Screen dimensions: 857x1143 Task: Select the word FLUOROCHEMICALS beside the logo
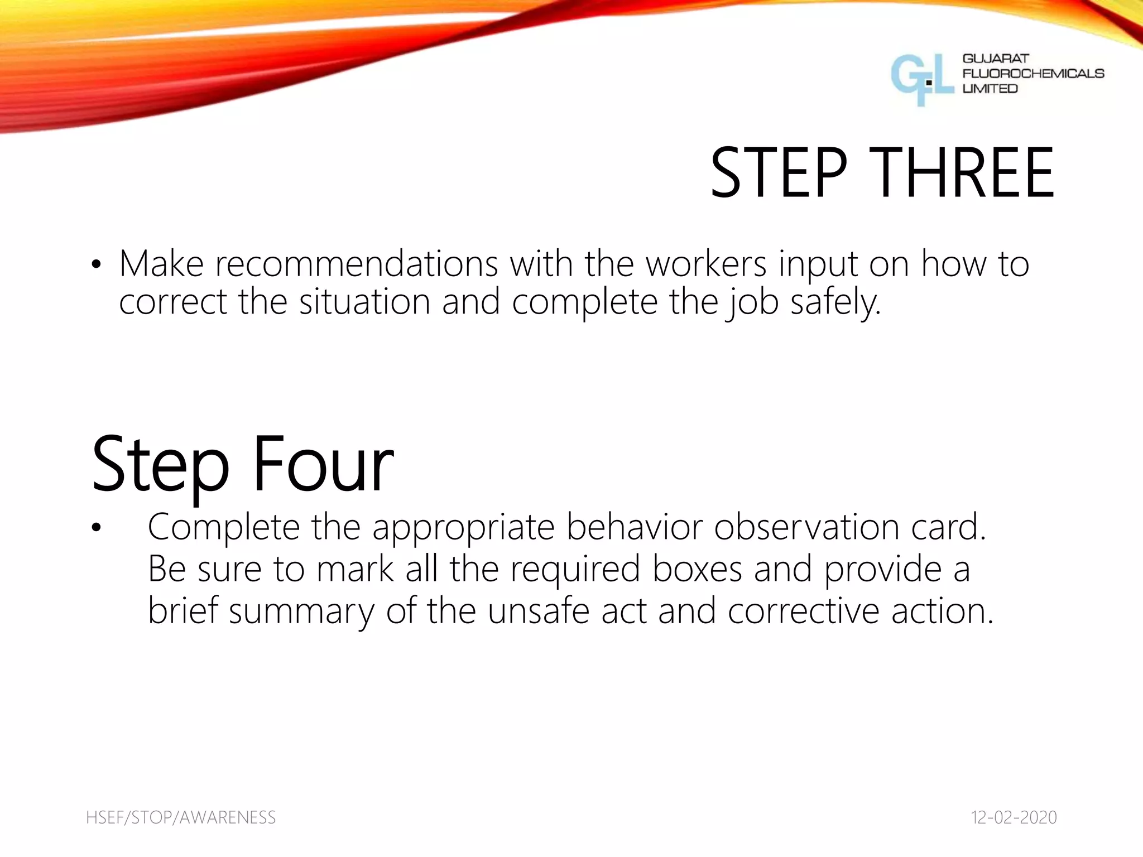click(1033, 74)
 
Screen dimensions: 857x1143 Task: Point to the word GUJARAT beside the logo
click(996, 59)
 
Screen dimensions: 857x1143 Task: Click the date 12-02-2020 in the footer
click(1014, 817)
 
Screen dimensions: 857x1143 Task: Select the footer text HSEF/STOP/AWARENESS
click(181, 817)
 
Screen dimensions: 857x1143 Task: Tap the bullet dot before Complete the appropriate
click(96, 528)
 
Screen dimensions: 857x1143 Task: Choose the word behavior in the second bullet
click(634, 527)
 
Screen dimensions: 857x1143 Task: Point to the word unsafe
click(538, 611)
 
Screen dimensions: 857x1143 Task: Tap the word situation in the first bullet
click(364, 302)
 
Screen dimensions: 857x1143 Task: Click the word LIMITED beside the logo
click(990, 89)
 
